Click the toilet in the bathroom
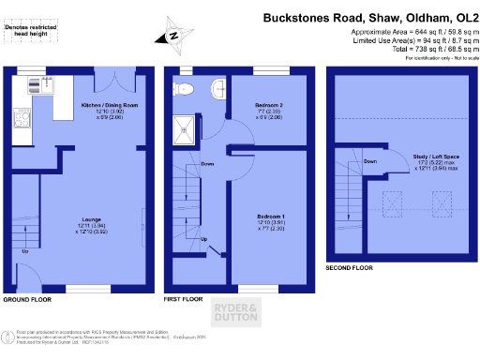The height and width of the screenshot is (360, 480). click(185, 89)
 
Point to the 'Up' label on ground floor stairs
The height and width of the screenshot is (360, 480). click(24, 251)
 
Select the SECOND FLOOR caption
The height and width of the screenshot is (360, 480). click(349, 267)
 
